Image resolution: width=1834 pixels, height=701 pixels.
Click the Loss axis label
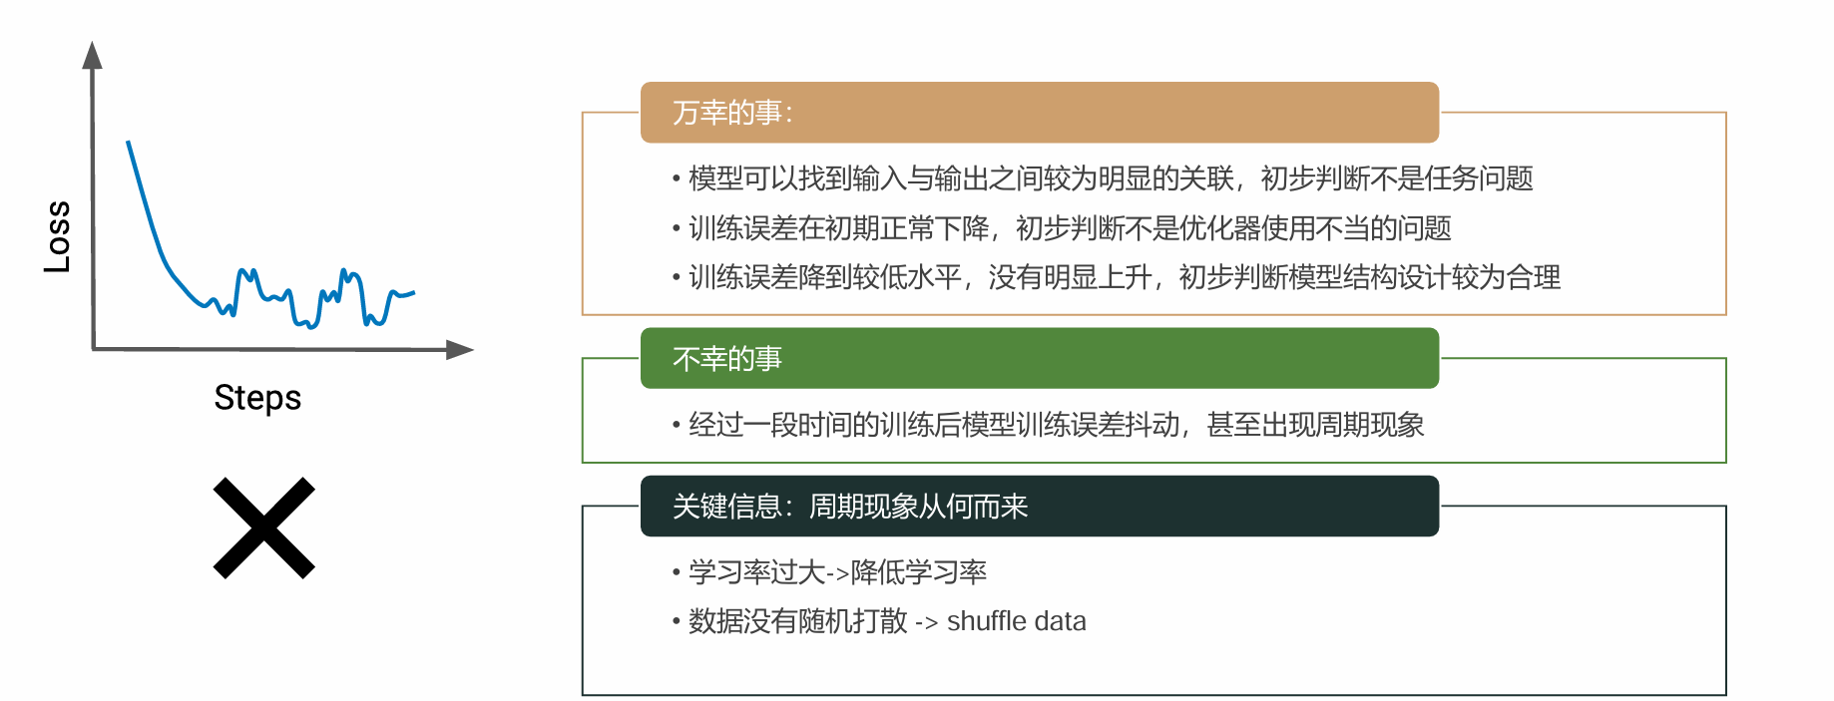click(x=58, y=236)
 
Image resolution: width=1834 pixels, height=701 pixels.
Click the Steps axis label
click(x=257, y=398)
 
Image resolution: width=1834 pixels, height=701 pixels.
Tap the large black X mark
click(x=264, y=527)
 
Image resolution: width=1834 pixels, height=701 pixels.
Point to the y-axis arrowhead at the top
click(x=93, y=55)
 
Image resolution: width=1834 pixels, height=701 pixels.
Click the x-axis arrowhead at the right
click(x=459, y=350)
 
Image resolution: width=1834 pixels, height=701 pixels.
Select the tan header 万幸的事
click(x=1040, y=113)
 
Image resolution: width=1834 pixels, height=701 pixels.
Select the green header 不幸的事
click(x=1040, y=358)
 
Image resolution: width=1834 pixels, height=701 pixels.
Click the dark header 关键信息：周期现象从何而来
click(x=1040, y=507)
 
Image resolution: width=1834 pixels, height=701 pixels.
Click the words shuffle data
click(x=1016, y=621)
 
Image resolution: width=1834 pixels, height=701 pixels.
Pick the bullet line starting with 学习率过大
click(x=829, y=572)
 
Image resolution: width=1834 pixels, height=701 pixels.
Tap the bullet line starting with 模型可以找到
click(x=1103, y=178)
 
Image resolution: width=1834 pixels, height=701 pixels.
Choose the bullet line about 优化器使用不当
click(x=1062, y=228)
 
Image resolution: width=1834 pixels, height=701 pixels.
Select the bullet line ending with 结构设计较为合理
click(x=1117, y=277)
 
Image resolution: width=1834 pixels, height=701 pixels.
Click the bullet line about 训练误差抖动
click(x=1048, y=425)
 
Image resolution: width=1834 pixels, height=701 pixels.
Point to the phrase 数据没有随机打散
click(x=798, y=621)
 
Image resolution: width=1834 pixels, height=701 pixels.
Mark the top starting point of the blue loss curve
click(x=128, y=142)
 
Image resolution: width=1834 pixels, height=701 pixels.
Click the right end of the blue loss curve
click(x=413, y=292)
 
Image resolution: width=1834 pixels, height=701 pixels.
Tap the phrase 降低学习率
click(x=919, y=572)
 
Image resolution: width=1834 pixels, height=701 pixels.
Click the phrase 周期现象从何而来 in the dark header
click(x=918, y=507)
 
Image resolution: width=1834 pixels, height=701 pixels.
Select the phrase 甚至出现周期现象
click(x=1315, y=425)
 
